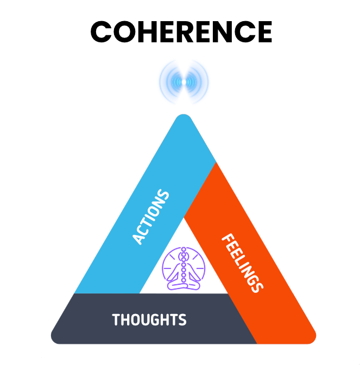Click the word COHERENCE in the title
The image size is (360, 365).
click(x=181, y=32)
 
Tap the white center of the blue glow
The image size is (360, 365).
click(x=184, y=82)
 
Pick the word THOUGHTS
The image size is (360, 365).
click(x=149, y=319)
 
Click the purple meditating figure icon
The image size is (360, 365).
click(x=184, y=268)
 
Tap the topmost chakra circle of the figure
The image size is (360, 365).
click(x=184, y=250)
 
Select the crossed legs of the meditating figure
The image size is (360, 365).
click(x=184, y=284)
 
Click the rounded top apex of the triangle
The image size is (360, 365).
click(x=184, y=118)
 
